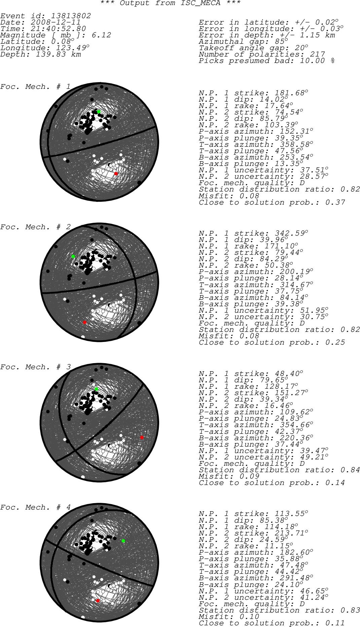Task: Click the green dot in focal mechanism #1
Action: click(x=99, y=112)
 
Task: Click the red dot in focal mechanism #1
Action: click(x=116, y=174)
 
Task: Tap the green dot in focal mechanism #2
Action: click(x=73, y=256)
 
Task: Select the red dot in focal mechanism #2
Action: click(x=84, y=322)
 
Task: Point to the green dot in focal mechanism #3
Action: click(x=96, y=389)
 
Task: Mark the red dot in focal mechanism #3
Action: click(x=142, y=438)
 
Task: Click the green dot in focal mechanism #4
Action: click(x=123, y=541)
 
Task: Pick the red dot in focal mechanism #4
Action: click(x=98, y=601)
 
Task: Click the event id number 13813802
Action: click(x=71, y=16)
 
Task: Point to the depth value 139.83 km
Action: click(x=58, y=55)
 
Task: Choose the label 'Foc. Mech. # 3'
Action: click(x=35, y=367)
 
